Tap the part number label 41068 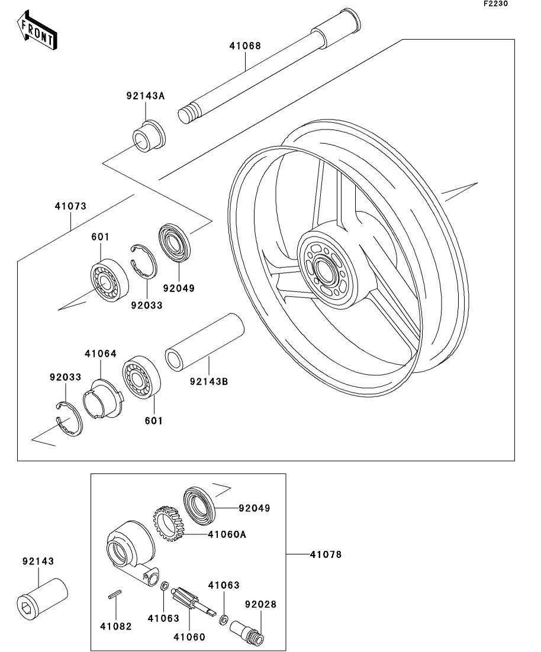245,46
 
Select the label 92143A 144,96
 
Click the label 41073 70,206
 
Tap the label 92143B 209,381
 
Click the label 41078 325,554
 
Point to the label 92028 261,605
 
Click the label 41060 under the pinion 189,637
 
